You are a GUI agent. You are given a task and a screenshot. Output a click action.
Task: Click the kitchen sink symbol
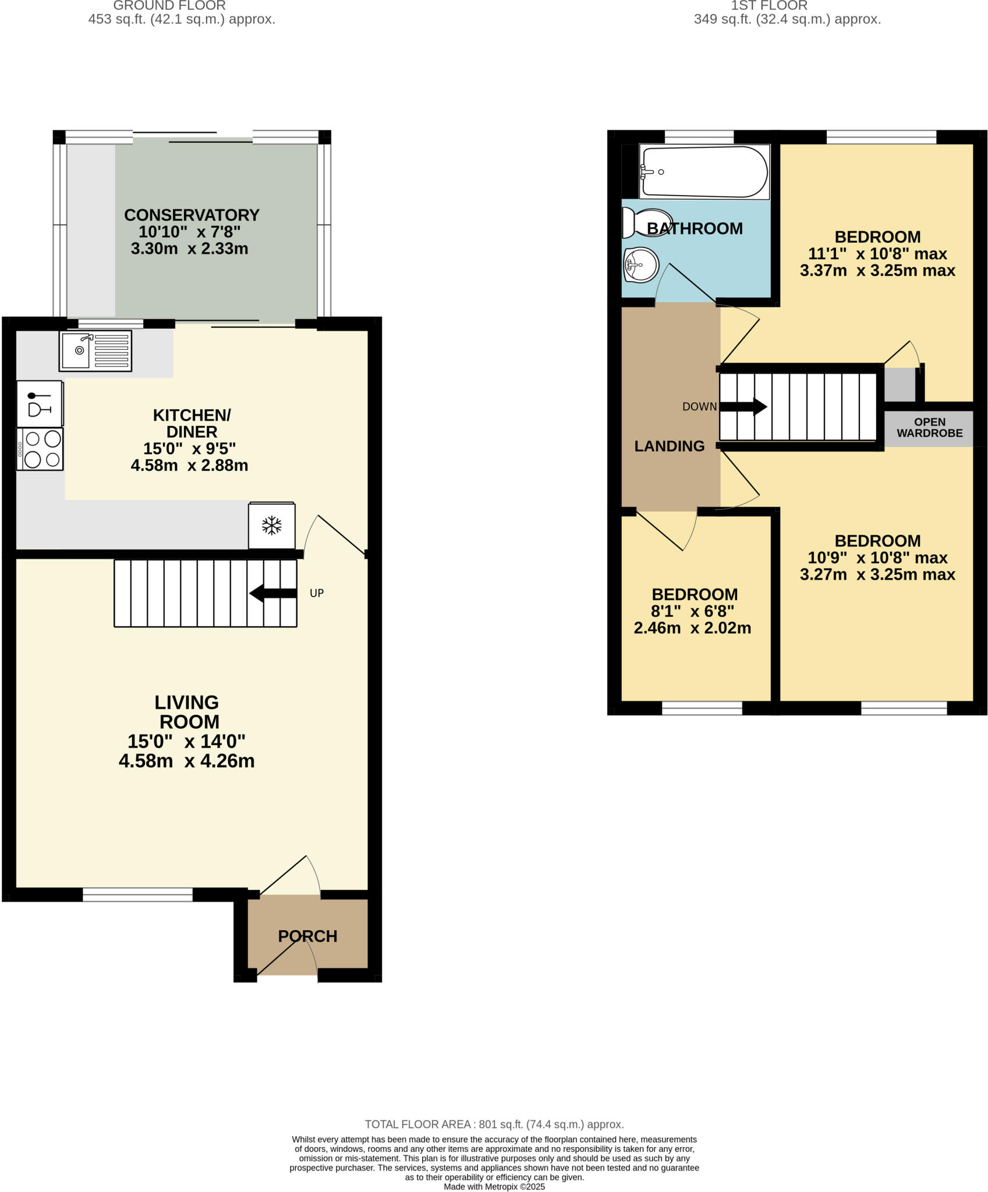[95, 350]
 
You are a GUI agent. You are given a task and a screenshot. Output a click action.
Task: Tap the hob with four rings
[40, 449]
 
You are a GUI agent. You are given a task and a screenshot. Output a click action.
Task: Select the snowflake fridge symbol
[271, 526]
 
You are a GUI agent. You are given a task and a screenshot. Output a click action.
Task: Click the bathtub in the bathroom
[703, 172]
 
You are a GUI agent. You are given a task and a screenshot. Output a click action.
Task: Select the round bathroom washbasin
[640, 265]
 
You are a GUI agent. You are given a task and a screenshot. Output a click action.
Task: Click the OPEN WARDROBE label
[929, 428]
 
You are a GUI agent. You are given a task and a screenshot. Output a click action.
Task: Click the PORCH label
[307, 936]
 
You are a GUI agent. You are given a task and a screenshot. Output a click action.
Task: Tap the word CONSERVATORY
[192, 215]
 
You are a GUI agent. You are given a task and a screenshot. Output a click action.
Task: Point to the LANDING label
[669, 446]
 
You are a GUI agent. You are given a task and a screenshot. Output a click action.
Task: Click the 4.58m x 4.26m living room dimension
[186, 761]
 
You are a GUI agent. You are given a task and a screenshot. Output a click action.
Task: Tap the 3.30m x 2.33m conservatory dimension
[189, 249]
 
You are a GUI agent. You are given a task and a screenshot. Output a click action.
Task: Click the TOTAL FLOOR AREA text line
[494, 1124]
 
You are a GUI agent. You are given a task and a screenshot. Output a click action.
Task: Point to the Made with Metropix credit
[494, 1186]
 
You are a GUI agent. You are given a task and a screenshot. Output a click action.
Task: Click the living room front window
[137, 895]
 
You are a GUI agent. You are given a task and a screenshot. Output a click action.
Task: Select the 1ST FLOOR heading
[769, 6]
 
